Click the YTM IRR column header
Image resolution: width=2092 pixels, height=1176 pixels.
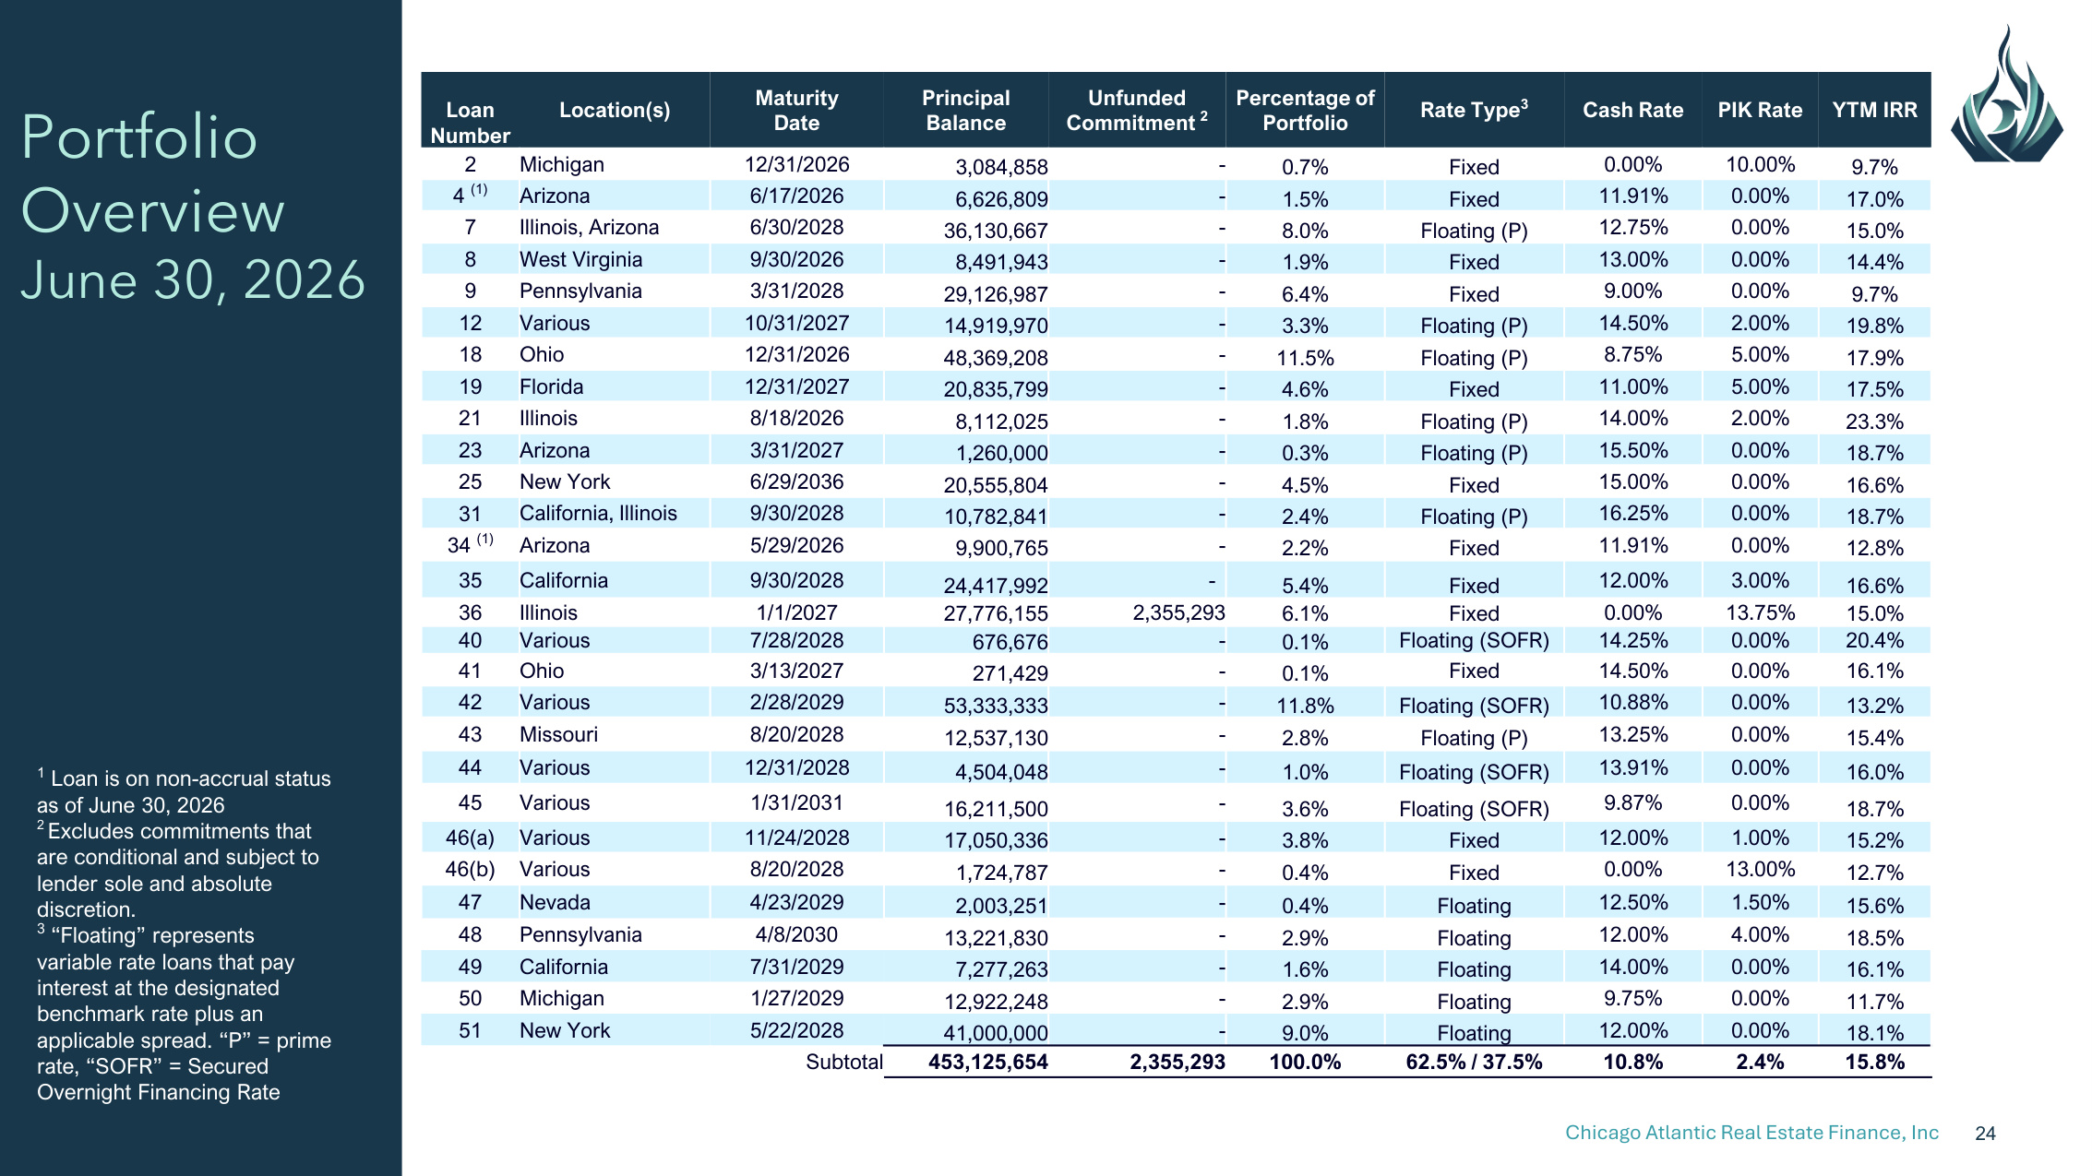click(1874, 110)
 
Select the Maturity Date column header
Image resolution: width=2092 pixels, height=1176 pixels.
click(796, 110)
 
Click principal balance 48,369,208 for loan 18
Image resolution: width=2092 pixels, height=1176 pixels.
click(996, 357)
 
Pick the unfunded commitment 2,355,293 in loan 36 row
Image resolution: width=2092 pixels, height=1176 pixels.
click(1178, 612)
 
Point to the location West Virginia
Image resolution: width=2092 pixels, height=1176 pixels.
click(580, 259)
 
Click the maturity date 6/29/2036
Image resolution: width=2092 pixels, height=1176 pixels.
click(796, 481)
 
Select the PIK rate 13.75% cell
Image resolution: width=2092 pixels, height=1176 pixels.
click(1760, 612)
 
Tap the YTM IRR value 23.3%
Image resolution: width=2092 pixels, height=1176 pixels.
click(1874, 422)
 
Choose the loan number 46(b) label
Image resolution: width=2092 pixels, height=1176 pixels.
click(470, 869)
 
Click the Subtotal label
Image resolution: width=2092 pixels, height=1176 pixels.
click(844, 1062)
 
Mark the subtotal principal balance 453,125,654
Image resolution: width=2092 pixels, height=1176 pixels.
click(988, 1062)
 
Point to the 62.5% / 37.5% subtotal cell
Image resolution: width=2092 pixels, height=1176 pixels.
click(1474, 1062)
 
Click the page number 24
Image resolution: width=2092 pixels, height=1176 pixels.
click(1985, 1134)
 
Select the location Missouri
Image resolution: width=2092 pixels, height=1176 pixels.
click(558, 734)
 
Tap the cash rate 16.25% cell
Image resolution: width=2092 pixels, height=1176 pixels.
click(1632, 513)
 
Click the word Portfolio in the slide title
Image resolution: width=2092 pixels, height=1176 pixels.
click(139, 137)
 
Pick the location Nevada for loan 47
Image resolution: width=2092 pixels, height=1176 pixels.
click(555, 902)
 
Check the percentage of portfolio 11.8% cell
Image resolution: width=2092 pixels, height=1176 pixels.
click(1305, 706)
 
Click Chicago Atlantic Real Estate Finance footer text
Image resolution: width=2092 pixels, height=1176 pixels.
click(1751, 1133)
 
